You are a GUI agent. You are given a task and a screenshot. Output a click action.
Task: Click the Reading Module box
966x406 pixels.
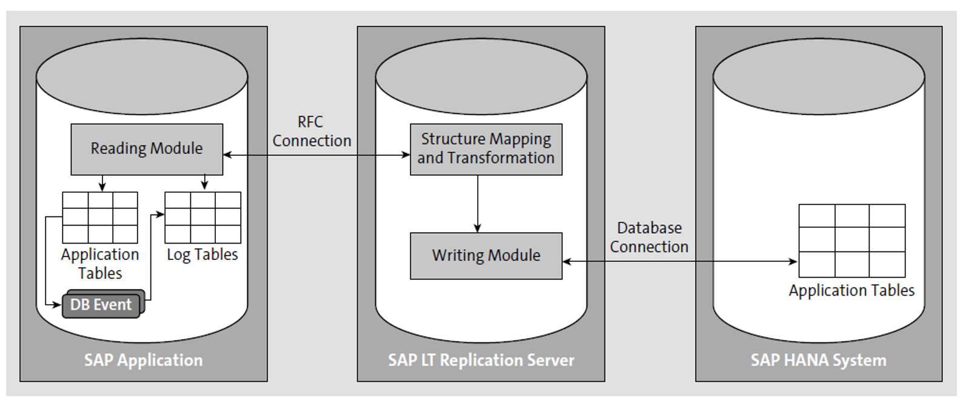pyautogui.click(x=147, y=149)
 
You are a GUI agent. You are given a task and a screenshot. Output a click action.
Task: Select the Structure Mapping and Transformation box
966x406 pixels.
pyautogui.click(x=486, y=149)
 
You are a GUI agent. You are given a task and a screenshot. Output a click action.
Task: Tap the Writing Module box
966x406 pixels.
pyautogui.click(x=486, y=256)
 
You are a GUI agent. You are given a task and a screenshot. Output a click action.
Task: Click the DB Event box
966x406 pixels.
pyautogui.click(x=101, y=305)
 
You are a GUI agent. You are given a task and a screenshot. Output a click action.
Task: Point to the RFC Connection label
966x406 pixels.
pyautogui.click(x=311, y=131)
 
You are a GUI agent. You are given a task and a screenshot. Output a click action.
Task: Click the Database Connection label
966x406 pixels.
pyautogui.click(x=649, y=238)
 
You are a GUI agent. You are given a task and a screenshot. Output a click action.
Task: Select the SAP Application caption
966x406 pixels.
pyautogui.click(x=143, y=360)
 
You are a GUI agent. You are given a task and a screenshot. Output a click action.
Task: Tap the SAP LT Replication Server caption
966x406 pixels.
pyautogui.click(x=481, y=360)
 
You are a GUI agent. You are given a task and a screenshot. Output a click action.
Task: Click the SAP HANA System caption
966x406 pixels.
pyautogui.click(x=818, y=360)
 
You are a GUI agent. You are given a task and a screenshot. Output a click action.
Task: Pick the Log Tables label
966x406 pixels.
pyautogui.click(x=203, y=255)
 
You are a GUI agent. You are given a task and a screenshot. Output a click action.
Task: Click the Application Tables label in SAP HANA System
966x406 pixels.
pyautogui.click(x=851, y=290)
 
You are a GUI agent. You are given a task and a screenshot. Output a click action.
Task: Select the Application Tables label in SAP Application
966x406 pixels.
pyautogui.click(x=100, y=264)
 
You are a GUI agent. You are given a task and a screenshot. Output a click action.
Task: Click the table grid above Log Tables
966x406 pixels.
pyautogui.click(x=203, y=218)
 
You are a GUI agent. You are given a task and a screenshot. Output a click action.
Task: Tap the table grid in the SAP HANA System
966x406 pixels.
pyautogui.click(x=851, y=241)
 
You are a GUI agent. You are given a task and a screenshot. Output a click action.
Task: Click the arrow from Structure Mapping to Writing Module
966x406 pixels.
pyautogui.click(x=477, y=204)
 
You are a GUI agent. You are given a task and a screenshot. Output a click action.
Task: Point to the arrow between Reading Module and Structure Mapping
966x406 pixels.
pyautogui.click(x=315, y=155)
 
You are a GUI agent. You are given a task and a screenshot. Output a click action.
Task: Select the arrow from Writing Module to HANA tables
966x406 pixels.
pyautogui.click(x=679, y=262)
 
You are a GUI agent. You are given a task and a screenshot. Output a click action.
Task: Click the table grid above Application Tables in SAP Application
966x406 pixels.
pyautogui.click(x=100, y=218)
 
